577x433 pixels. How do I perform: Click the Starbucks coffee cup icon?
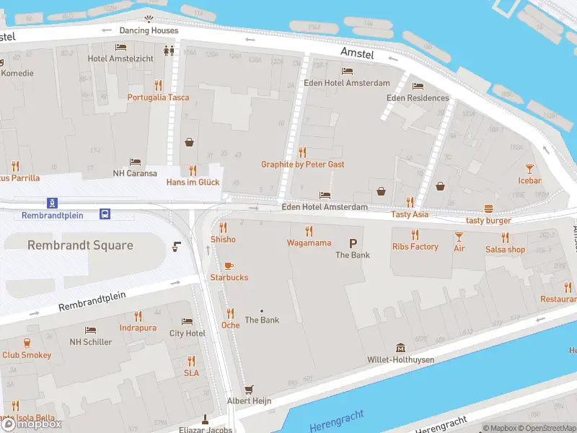229,266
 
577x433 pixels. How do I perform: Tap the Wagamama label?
309,243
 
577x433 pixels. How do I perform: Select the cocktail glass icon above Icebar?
529,168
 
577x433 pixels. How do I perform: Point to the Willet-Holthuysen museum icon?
400,348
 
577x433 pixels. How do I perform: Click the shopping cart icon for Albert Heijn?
249,388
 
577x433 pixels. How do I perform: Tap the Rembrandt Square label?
80,245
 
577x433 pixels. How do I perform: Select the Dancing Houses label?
149,30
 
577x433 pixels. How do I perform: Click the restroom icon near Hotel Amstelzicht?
169,51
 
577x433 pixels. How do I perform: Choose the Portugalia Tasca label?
159,97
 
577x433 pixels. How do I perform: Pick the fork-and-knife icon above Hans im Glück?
193,170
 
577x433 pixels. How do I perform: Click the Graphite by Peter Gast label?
302,165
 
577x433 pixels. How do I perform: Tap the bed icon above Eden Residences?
418,87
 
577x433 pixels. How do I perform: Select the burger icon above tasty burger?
488,209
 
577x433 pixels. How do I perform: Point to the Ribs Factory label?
415,247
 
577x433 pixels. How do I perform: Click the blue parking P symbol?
353,243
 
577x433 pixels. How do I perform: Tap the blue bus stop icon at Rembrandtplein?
105,214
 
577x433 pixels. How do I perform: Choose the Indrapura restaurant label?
138,328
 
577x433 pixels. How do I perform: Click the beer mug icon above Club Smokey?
27,343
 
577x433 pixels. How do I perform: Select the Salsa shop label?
505,249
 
